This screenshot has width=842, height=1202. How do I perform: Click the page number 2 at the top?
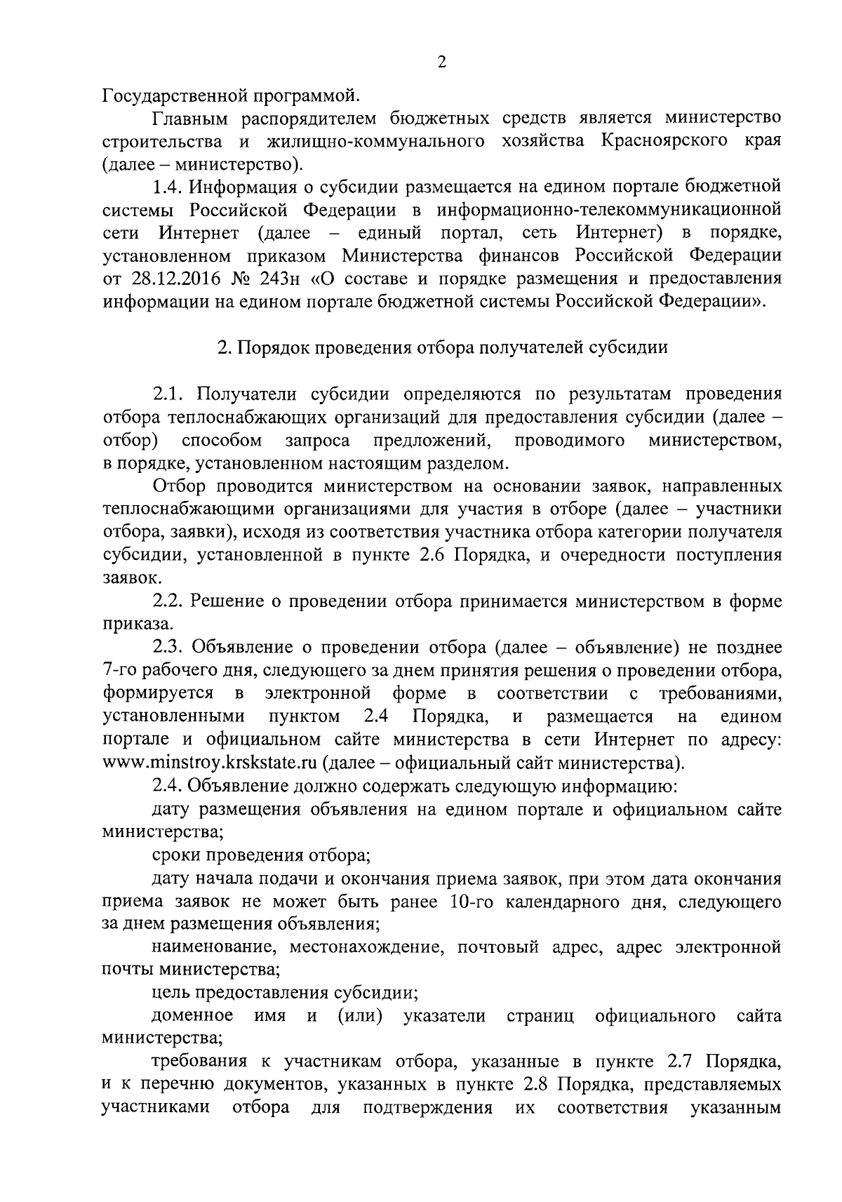pos(441,62)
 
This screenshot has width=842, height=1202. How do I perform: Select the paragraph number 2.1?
pos(168,394)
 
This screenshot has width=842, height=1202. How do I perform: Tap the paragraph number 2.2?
pos(168,601)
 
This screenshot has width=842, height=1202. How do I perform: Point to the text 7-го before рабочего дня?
pos(121,671)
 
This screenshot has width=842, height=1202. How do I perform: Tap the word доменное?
pos(192,1016)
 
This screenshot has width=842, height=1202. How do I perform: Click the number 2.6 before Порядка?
pos(429,556)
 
